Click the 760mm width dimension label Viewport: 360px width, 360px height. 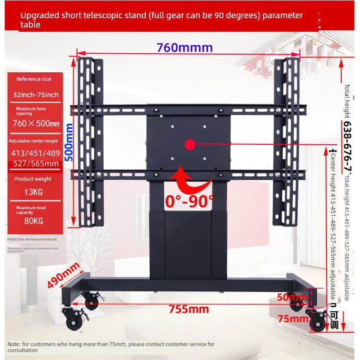tap(184, 48)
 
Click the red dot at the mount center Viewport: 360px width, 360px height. tap(190, 144)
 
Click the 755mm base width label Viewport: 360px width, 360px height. tap(189, 309)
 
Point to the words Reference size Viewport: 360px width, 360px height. tap(34, 79)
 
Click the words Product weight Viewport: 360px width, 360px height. tap(33, 178)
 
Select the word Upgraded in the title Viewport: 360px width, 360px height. tap(39, 15)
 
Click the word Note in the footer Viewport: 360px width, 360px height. tap(14, 344)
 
